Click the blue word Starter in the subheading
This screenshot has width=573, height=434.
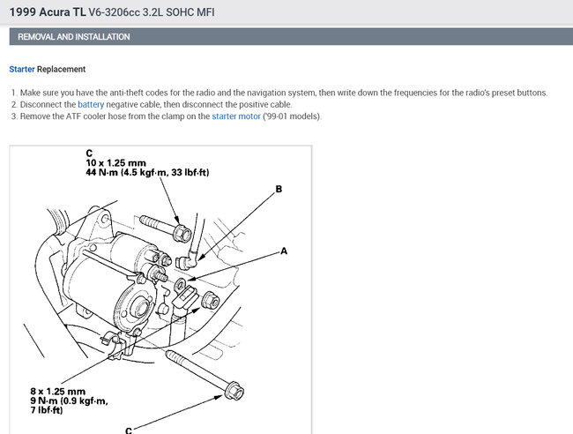(22, 69)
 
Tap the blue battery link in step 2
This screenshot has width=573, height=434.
(91, 105)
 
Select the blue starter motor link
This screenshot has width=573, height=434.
(236, 116)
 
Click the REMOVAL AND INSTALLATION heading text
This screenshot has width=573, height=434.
(74, 37)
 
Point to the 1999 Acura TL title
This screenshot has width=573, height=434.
(48, 12)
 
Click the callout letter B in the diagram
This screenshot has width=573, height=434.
(279, 189)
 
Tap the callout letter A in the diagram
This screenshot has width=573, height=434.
(284, 251)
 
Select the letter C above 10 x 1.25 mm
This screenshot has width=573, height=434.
(89, 153)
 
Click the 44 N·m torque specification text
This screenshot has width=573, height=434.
(147, 172)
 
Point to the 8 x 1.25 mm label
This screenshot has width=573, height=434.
(57, 392)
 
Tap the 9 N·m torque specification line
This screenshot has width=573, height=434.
(69, 401)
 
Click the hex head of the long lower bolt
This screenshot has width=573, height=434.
(234, 391)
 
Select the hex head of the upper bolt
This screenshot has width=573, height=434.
(182, 233)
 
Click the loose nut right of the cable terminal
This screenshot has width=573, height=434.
(211, 301)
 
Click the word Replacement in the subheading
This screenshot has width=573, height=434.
(61, 69)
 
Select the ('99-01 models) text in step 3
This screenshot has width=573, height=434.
(292, 116)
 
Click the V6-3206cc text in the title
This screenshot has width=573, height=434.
(114, 12)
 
